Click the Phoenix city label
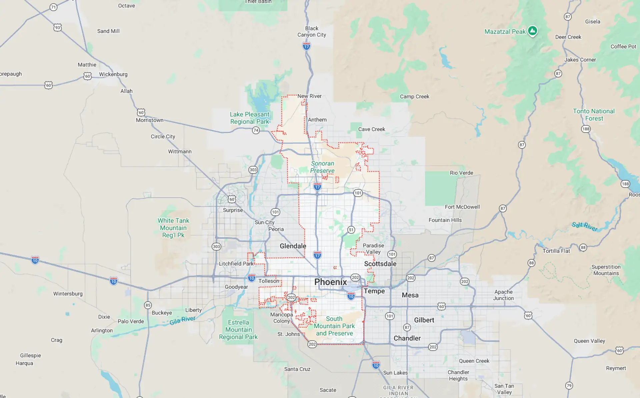click(x=330, y=282)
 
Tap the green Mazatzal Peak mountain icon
click(x=532, y=31)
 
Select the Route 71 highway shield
click(x=53, y=7)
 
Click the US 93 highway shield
click(x=58, y=27)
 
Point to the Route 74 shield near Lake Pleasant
click(x=256, y=130)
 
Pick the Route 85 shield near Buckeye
click(x=148, y=305)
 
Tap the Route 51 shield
click(x=351, y=230)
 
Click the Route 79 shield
click(x=569, y=385)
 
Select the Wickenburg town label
click(x=113, y=74)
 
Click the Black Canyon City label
click(x=312, y=31)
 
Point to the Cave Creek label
click(x=371, y=129)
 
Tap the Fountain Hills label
click(x=445, y=220)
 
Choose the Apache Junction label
click(x=503, y=295)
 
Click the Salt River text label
click(x=585, y=227)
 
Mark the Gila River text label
click(x=182, y=320)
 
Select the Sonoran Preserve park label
click(x=322, y=167)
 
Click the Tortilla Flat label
click(x=556, y=251)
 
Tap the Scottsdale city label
click(x=380, y=264)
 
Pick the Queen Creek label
click(x=474, y=361)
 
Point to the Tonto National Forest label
click(x=594, y=114)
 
